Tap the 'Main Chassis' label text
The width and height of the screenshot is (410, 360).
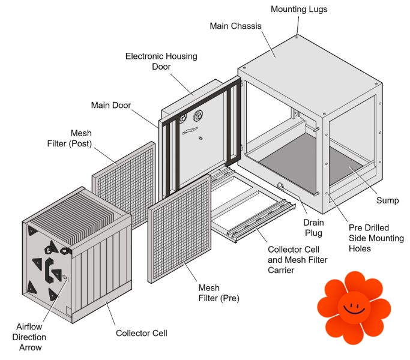235,26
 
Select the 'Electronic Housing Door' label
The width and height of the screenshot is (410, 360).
161,61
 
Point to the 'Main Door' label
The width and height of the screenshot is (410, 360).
110,106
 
